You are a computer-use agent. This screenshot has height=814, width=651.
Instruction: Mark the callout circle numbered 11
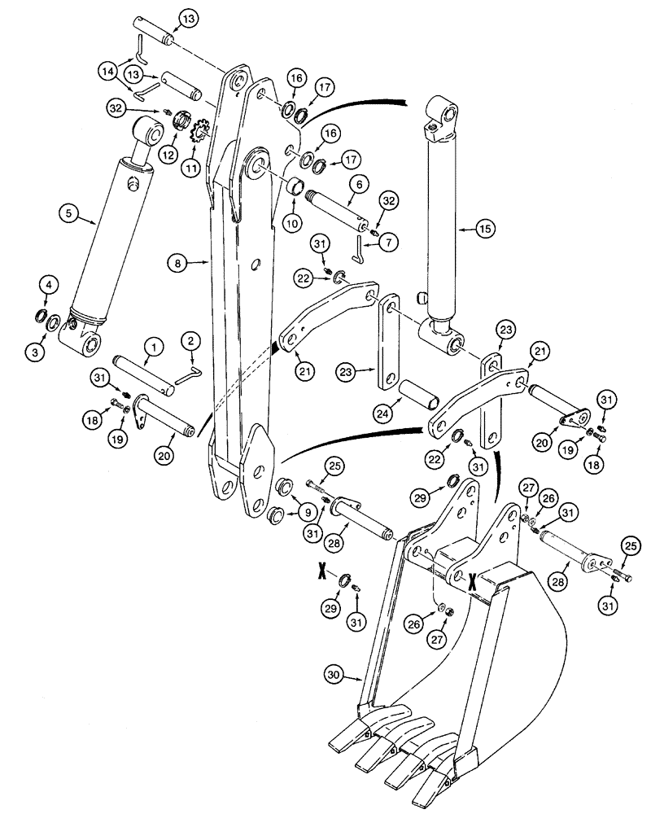pos(193,168)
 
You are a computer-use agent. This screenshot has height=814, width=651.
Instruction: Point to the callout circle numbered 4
pos(49,285)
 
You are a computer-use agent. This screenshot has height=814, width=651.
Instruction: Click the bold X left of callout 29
pos(321,572)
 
